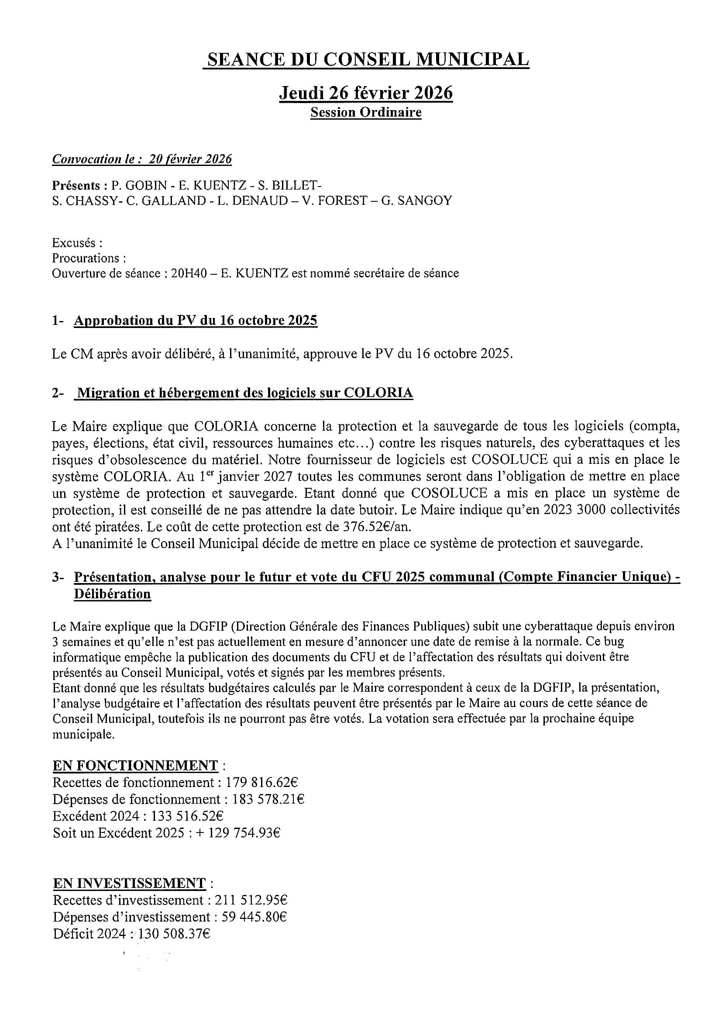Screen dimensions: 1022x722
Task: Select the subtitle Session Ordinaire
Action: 366,112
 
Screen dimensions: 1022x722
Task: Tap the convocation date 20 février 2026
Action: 190,159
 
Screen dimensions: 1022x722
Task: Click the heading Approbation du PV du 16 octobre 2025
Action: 195,321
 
